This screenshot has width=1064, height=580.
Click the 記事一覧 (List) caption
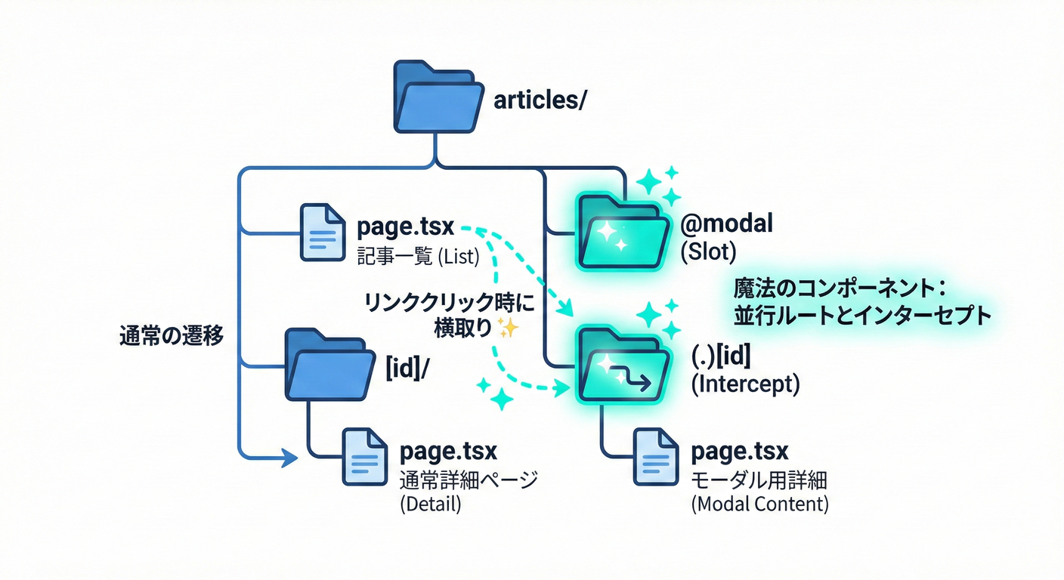[x=418, y=257]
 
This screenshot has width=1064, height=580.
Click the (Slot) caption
[x=708, y=252]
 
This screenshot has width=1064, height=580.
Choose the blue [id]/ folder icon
[x=329, y=365]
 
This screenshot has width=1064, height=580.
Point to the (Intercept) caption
[x=745, y=384]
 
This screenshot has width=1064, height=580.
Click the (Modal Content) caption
[x=759, y=504]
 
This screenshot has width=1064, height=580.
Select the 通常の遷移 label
[x=172, y=336]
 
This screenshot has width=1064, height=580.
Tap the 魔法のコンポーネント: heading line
[x=840, y=288]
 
